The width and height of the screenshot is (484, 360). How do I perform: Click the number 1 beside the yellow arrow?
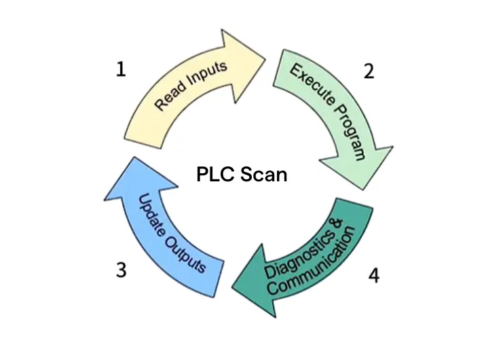120,70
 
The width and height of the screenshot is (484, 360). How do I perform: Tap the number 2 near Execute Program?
369,71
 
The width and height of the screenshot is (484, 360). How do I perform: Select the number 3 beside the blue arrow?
121,270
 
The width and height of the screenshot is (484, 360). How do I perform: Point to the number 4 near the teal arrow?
373,275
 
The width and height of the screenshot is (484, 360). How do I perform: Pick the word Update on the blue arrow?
151,216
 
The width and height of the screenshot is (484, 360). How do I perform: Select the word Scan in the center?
263,175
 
